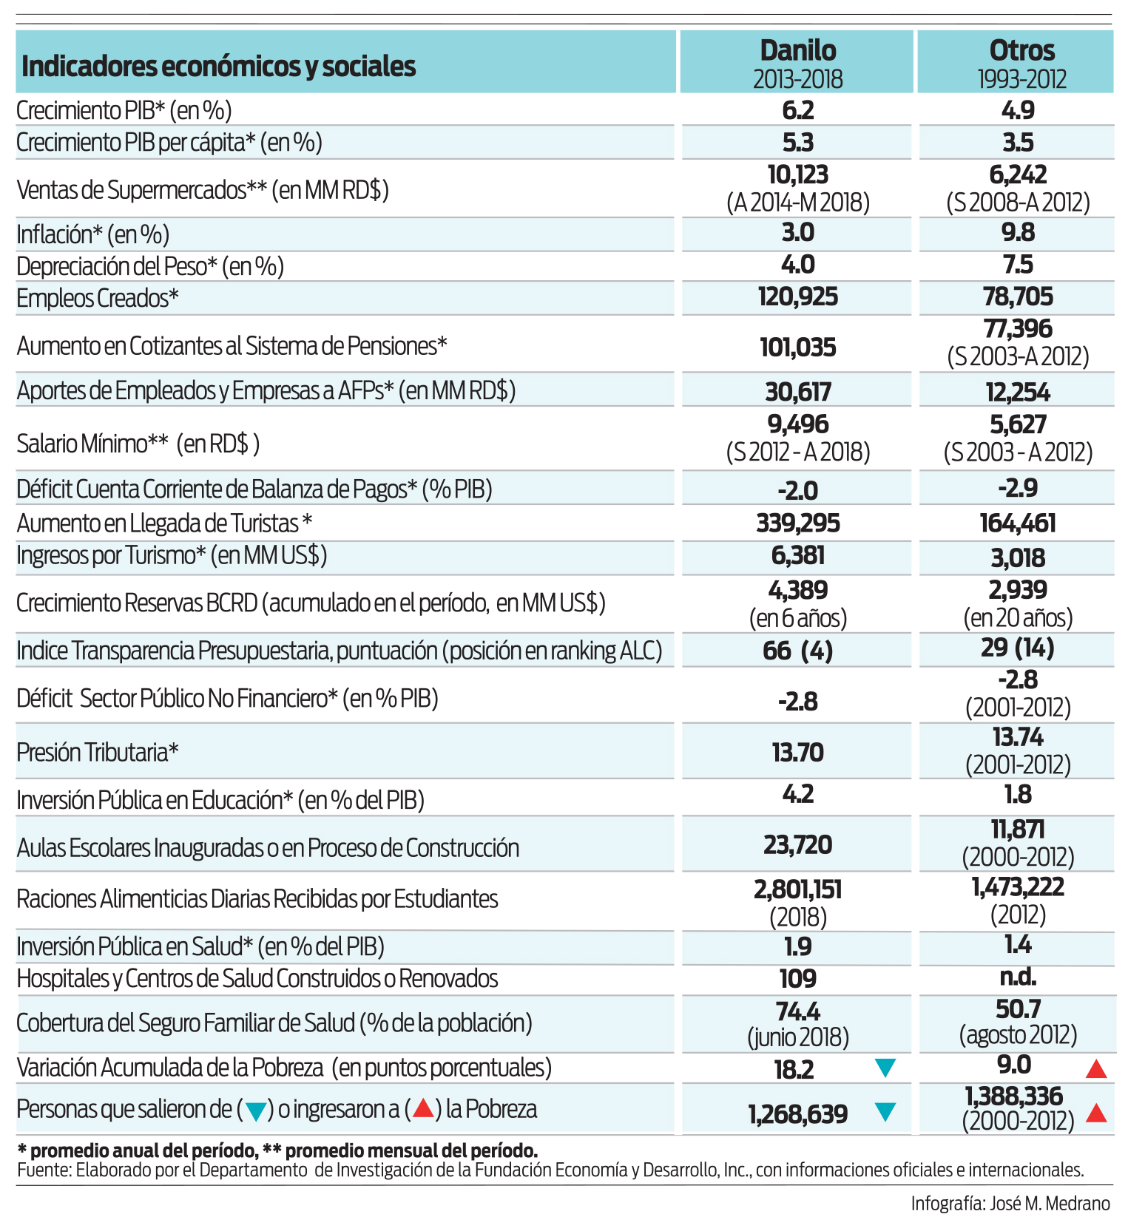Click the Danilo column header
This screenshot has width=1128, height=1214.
point(798,50)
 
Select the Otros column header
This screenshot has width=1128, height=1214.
point(1022,50)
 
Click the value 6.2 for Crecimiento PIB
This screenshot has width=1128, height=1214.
point(798,110)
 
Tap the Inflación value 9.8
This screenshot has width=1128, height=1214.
point(1018,232)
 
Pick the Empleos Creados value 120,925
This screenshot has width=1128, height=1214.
point(798,297)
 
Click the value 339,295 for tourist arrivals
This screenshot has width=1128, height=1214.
point(798,523)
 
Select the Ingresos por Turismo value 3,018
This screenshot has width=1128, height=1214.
point(1018,558)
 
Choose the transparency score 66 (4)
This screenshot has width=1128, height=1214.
point(798,651)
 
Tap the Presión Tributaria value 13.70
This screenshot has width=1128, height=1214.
point(798,753)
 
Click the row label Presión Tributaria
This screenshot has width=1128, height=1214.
point(98,753)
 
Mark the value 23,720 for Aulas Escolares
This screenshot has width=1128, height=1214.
point(798,844)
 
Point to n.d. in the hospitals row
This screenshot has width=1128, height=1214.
point(1018,977)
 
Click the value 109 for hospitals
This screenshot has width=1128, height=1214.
point(798,979)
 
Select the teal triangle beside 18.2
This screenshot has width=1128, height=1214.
point(885,1067)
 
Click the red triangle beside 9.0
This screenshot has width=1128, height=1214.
point(1096,1068)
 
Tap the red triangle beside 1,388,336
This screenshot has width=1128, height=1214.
point(1096,1113)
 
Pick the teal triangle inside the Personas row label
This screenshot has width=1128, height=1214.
point(256,1111)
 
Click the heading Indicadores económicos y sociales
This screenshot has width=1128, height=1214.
point(219,67)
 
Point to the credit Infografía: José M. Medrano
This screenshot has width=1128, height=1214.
point(1010,1203)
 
